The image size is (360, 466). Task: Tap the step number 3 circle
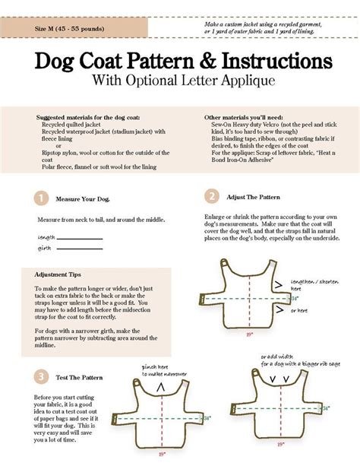pyautogui.click(x=41, y=377)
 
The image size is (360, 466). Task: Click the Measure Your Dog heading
pyautogui.click(x=83, y=199)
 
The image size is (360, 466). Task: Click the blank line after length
pyautogui.click(x=79, y=238)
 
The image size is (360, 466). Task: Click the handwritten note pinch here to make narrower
pyautogui.click(x=163, y=370)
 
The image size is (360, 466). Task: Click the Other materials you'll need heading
pyautogui.click(x=246, y=118)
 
